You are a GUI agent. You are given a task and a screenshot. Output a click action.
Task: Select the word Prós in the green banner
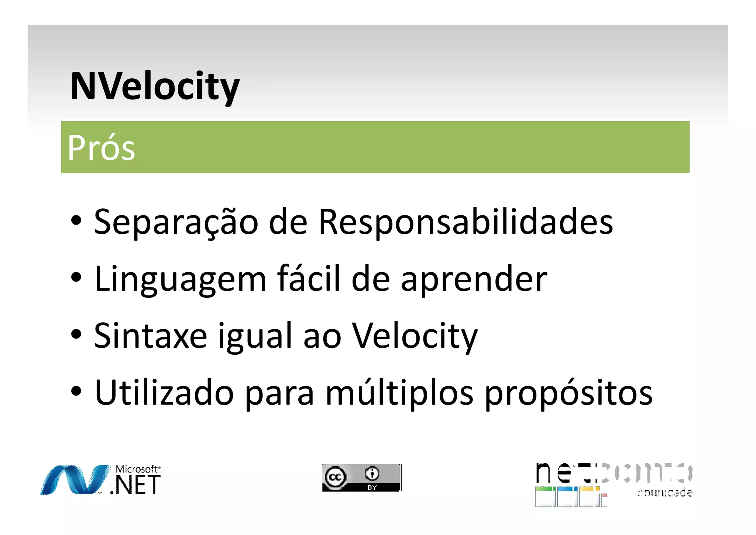tap(102, 148)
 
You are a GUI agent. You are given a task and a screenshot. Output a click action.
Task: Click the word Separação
tap(176, 222)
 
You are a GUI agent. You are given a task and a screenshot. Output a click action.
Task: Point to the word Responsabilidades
tap(465, 222)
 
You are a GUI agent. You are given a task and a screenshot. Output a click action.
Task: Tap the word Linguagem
tap(180, 280)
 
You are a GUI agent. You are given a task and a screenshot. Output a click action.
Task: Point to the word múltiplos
tap(399, 393)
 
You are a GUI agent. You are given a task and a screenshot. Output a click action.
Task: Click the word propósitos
tap(568, 393)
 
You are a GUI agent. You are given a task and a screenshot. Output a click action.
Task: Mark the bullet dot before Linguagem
tap(76, 278)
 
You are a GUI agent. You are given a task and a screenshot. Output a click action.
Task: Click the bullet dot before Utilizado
tap(76, 392)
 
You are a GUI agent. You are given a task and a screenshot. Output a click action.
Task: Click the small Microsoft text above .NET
tap(137, 469)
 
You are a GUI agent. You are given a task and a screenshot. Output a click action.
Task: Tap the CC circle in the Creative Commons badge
tap(335, 477)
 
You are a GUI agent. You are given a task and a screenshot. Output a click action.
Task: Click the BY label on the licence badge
tap(372, 488)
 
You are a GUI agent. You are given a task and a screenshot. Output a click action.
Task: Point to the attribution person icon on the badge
tap(372, 473)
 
